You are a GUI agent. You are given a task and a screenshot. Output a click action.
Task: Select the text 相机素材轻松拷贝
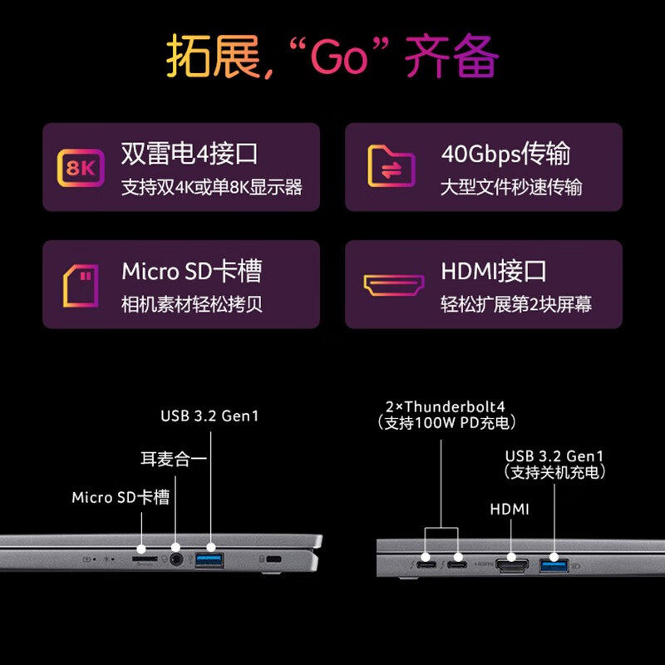point(192,303)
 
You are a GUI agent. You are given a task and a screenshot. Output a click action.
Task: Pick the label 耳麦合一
point(173,458)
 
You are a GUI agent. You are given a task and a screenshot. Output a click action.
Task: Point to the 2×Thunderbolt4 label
point(446,406)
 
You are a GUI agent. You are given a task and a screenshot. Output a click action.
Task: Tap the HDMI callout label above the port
point(510,509)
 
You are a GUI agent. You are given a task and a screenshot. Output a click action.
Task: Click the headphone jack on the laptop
point(175,560)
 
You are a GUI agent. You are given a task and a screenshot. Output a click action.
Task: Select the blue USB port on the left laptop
point(208,560)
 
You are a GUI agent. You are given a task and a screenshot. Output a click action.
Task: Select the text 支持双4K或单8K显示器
point(211,187)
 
